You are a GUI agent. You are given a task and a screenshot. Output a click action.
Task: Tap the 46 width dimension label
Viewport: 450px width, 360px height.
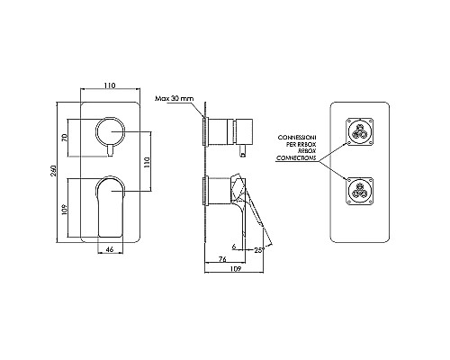pyautogui.click(x=110, y=249)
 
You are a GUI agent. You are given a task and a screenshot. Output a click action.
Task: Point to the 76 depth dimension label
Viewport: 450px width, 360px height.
pyautogui.click(x=222, y=259)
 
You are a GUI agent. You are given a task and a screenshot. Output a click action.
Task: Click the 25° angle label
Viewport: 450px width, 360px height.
pyautogui.click(x=259, y=250)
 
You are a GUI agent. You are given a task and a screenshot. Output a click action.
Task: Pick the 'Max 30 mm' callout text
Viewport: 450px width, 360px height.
pyautogui.click(x=174, y=98)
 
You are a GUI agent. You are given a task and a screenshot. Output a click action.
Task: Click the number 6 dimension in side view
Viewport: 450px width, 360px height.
pyautogui.click(x=234, y=247)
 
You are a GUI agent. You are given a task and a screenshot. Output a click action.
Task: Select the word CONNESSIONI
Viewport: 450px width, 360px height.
pyautogui.click(x=297, y=138)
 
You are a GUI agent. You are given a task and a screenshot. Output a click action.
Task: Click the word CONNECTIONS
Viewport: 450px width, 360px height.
pyautogui.click(x=296, y=158)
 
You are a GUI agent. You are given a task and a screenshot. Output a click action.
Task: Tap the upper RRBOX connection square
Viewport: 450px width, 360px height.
pyautogui.click(x=359, y=131)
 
